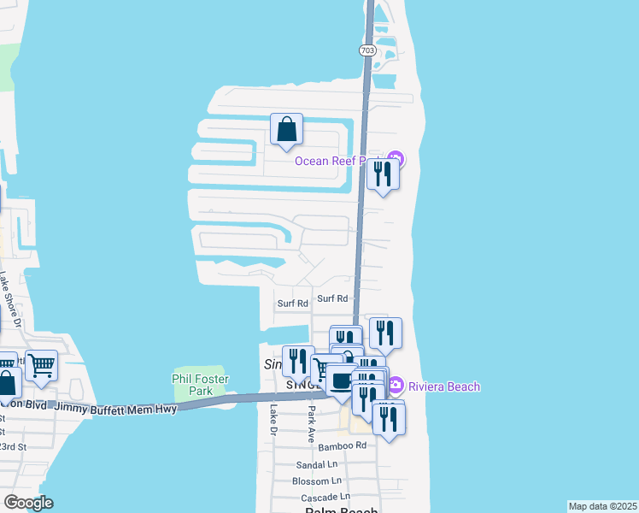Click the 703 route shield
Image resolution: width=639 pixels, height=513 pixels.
pyautogui.click(x=367, y=50)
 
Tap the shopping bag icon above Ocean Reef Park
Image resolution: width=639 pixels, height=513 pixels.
pyautogui.click(x=287, y=130)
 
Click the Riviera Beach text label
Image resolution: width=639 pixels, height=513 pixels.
pyautogui.click(x=444, y=386)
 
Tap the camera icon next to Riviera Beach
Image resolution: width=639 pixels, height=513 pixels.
pyautogui.click(x=396, y=386)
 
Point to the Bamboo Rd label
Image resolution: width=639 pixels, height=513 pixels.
pyautogui.click(x=342, y=445)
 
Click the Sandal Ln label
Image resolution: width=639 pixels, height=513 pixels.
pyautogui.click(x=317, y=465)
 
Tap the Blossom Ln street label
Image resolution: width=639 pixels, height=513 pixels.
pyautogui.click(x=316, y=481)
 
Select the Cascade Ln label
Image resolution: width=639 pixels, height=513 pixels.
pyautogui.click(x=320, y=497)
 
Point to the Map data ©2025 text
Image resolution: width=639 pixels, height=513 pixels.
pyautogui.click(x=602, y=506)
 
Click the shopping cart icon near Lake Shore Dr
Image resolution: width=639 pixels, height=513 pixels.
pyautogui.click(x=41, y=366)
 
